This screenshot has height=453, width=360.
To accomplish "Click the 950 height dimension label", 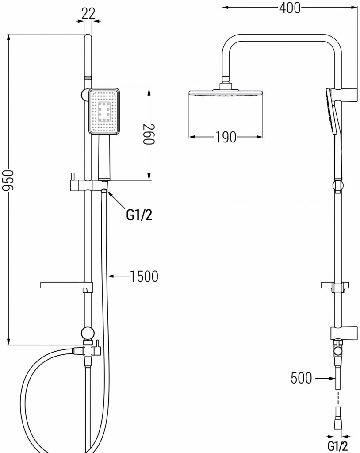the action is tap(8, 180).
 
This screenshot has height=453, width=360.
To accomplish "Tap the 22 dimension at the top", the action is tap(88, 13).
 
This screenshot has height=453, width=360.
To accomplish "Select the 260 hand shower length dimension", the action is tap(149, 134).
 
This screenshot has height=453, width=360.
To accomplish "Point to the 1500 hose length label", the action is tap(144, 276).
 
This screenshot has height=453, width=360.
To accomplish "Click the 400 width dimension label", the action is tap(290, 8).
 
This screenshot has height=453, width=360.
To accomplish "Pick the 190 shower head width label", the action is tap(226, 137).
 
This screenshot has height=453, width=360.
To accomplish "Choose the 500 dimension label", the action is tap(301, 378).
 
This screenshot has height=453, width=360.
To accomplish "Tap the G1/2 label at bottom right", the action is tap(338, 446).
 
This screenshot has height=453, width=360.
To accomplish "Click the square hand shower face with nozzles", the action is tap(104, 111).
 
